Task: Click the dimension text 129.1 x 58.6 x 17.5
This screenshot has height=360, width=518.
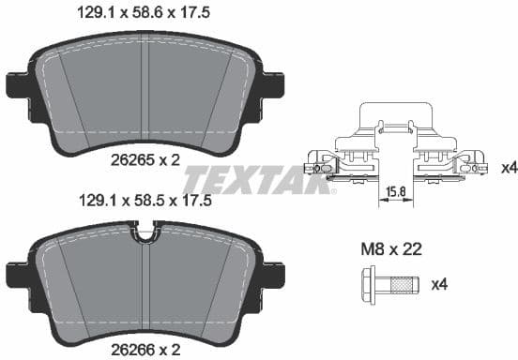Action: pos(143,13)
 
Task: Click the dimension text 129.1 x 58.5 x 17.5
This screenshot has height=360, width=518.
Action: pos(143,200)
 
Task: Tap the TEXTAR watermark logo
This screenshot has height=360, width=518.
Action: pos(258,178)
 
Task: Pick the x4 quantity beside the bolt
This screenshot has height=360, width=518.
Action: pos(437,283)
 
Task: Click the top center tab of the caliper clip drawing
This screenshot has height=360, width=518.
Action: pos(398,117)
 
